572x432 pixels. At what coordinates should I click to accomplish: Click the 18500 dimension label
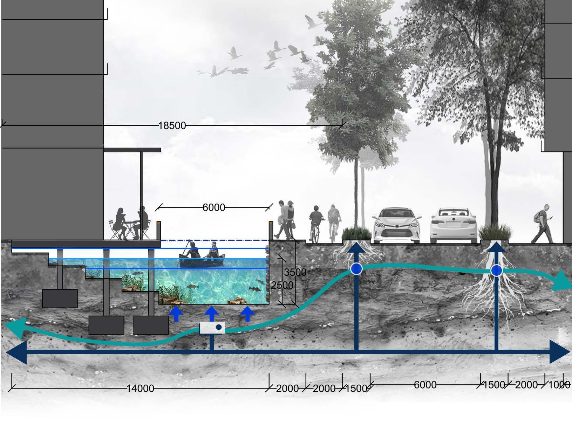(x=172, y=125)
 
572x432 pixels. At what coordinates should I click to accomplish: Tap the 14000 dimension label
(x=140, y=388)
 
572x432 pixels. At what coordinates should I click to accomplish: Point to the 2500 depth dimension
(x=282, y=285)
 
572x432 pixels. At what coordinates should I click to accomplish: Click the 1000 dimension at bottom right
(x=559, y=385)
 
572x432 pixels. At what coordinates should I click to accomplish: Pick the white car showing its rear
(x=454, y=226)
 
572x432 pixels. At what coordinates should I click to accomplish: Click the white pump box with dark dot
(x=212, y=328)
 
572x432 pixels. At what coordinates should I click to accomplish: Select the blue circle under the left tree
(x=356, y=269)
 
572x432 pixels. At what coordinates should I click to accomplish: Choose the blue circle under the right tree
(x=496, y=270)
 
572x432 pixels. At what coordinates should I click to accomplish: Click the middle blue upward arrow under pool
(x=211, y=313)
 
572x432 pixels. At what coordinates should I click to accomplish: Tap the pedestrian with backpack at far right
(x=542, y=224)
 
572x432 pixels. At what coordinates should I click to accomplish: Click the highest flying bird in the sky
(x=310, y=21)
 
